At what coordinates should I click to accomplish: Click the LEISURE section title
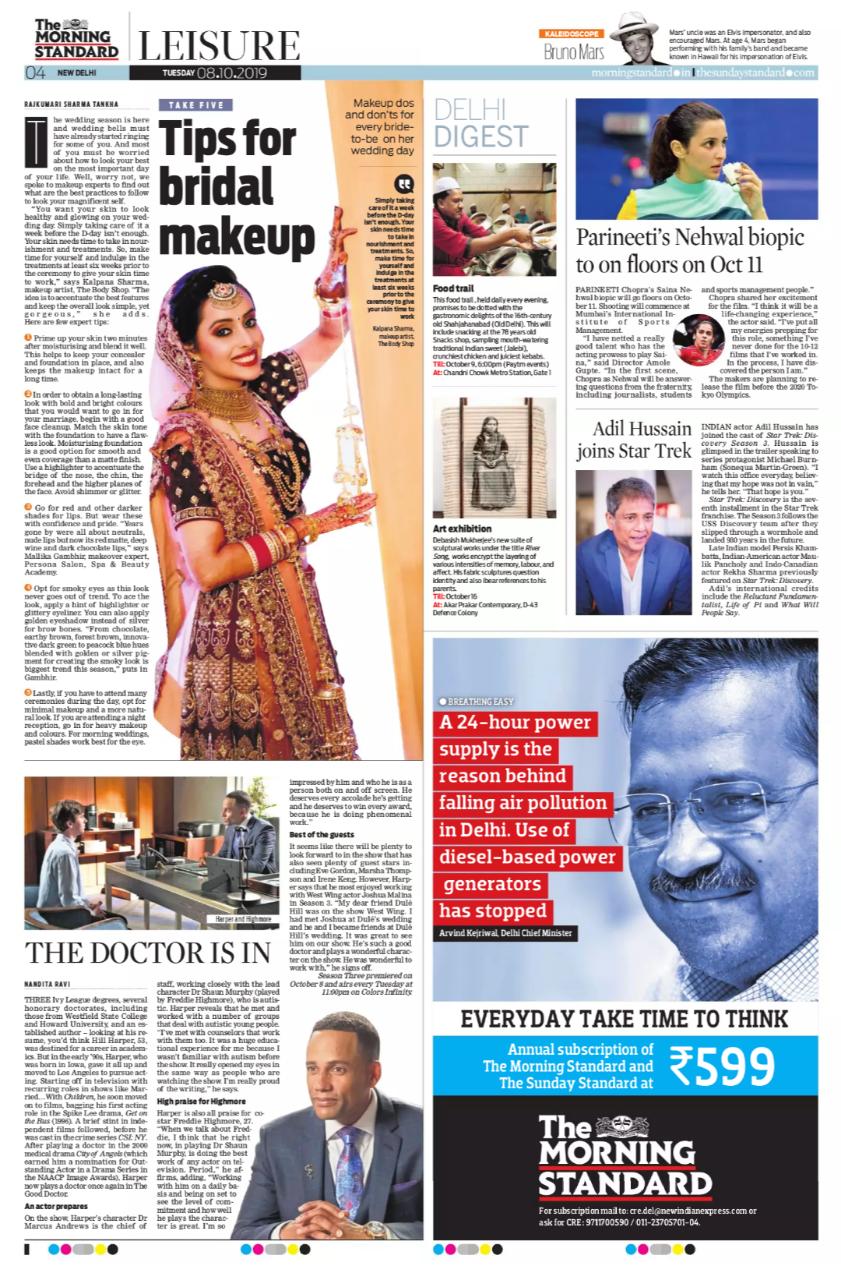coord(214,45)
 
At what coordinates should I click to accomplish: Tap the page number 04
coord(36,73)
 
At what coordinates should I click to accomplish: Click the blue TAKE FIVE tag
coord(195,104)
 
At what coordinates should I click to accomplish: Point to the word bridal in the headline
coord(213,188)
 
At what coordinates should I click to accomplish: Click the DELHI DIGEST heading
coord(481,123)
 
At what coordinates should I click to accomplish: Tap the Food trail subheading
coord(453,287)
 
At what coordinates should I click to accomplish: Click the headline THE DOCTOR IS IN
coord(148,951)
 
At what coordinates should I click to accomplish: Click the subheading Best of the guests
coord(323,834)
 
